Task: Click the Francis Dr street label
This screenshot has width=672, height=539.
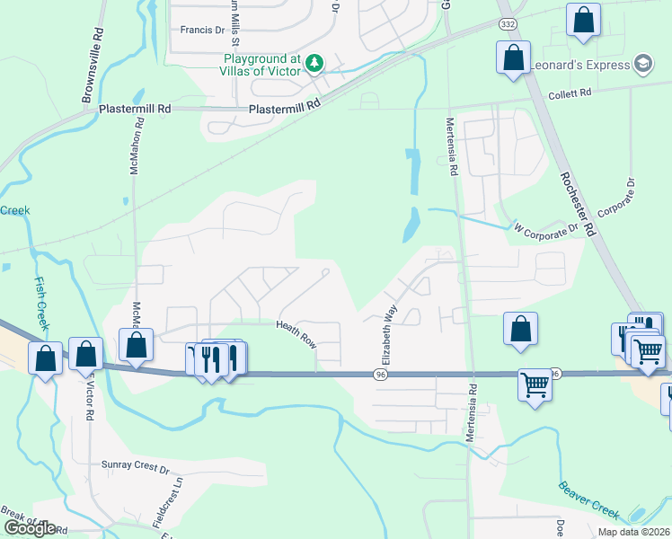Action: [202, 30]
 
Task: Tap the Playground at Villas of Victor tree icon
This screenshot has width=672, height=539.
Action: [314, 63]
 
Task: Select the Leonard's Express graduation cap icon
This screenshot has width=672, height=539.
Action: [642, 64]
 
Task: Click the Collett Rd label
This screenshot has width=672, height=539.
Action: [570, 93]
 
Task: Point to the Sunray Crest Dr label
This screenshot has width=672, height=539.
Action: [137, 469]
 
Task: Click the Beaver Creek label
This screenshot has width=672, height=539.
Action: [588, 499]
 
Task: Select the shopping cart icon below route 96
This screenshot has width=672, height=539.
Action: [535, 384]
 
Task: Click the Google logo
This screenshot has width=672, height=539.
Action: [30, 528]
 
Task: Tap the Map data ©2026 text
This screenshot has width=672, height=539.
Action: [632, 532]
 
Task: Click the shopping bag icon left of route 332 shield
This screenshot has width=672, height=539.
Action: [513, 57]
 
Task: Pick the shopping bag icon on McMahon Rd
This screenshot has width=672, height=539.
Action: [136, 344]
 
